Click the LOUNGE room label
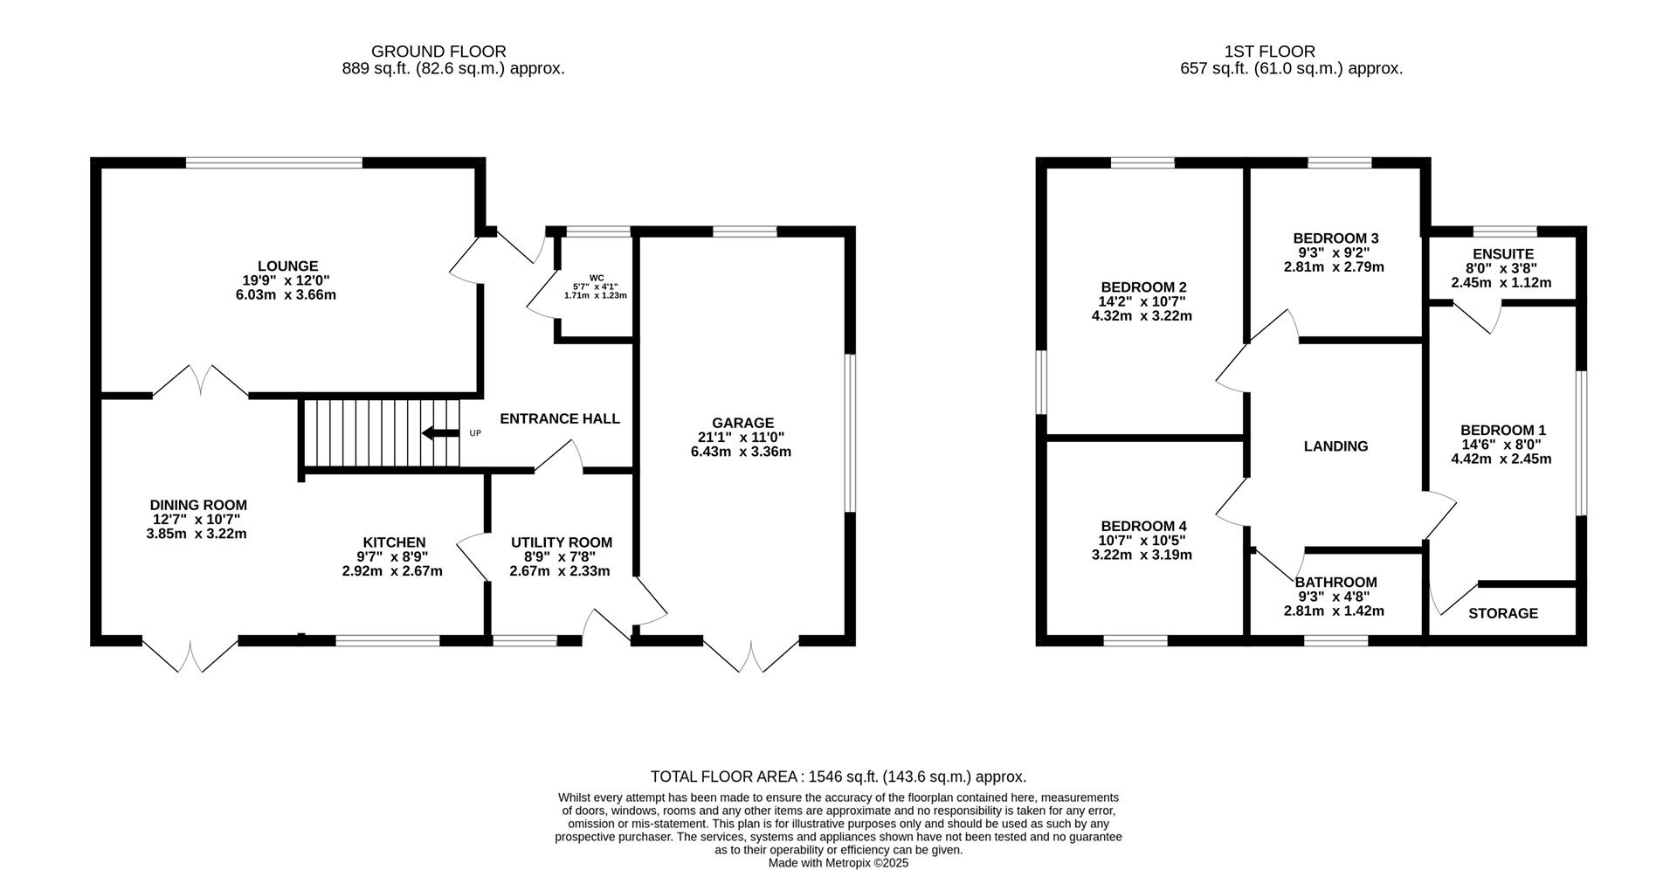pos(287,266)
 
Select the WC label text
pos(597,278)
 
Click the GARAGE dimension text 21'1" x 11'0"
pos(741,438)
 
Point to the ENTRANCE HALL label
pos(560,419)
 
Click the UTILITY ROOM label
pos(562,542)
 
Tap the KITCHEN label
pos(393,542)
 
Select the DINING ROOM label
pos(198,505)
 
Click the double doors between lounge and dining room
pos(201,383)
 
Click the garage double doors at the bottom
pos(751,655)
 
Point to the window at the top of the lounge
pos(273,162)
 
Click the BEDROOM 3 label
pos(1335,238)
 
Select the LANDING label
pos(1335,446)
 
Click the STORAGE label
pos(1502,613)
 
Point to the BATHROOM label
pos(1335,582)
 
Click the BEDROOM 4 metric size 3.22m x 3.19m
pos(1142,555)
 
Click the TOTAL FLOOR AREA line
pos(838,777)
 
